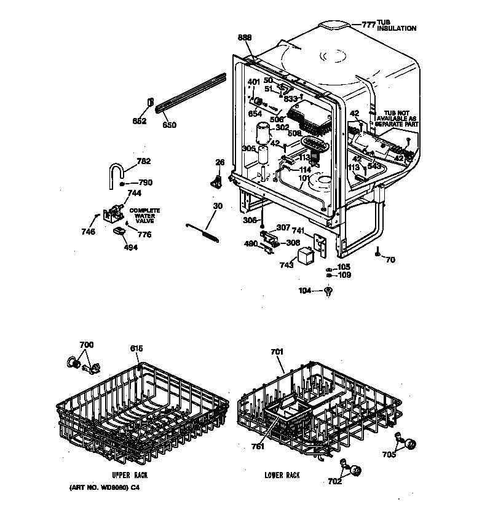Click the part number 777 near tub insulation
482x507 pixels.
click(368, 25)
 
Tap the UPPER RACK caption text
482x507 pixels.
click(130, 475)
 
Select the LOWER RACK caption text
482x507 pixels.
click(282, 475)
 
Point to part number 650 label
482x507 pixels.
click(169, 125)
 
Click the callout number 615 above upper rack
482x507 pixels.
click(136, 348)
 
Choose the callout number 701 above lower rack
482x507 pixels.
click(277, 352)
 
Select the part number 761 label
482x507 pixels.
click(258, 447)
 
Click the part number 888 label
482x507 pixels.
click(245, 38)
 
